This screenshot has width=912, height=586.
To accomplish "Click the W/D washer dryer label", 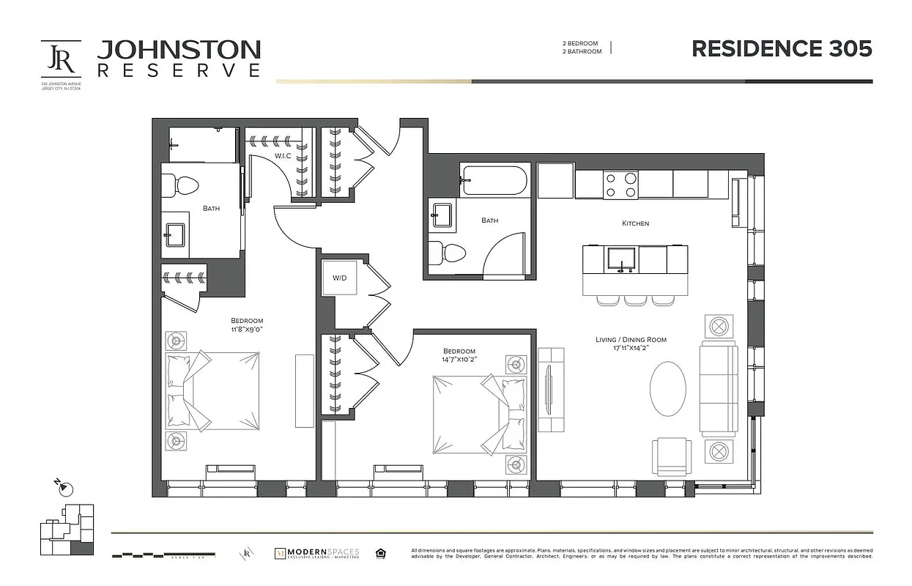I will [x=339, y=278].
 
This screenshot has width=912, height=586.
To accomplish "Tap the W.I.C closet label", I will [x=283, y=156].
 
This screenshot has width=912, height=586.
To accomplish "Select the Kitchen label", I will [x=635, y=223].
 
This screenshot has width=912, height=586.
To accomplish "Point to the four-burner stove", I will [x=620, y=185].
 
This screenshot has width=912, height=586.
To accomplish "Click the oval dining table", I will [x=669, y=391].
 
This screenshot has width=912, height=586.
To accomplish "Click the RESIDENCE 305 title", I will [x=782, y=48].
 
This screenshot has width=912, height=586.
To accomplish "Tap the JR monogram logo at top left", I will [x=61, y=59].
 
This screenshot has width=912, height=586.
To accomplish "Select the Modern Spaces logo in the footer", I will [x=316, y=554].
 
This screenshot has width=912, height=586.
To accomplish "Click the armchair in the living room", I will [x=672, y=456].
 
